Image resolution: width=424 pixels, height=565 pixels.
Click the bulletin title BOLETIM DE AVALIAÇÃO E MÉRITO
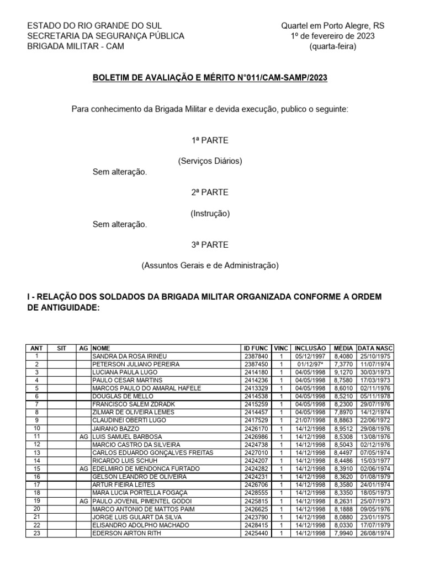click(x=209, y=78)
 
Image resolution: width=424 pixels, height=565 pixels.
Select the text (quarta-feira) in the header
click(x=333, y=46)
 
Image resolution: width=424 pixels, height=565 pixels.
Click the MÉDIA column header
click(x=343, y=348)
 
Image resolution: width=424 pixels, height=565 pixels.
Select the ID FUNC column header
click(x=256, y=348)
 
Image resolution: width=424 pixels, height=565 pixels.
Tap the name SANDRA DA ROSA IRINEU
click(x=129, y=356)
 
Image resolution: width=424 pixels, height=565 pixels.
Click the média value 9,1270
click(x=343, y=372)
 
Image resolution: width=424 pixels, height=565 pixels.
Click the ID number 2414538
click(x=256, y=396)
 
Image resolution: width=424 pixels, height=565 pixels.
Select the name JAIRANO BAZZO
click(x=116, y=428)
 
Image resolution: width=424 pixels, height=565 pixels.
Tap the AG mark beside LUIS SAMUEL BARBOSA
click(x=83, y=436)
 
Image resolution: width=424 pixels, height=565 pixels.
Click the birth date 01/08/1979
click(x=375, y=476)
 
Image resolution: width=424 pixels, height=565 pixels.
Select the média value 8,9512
click(x=343, y=428)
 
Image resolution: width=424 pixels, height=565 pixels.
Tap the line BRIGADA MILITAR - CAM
click(x=76, y=46)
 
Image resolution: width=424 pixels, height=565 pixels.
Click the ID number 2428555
click(x=256, y=492)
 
